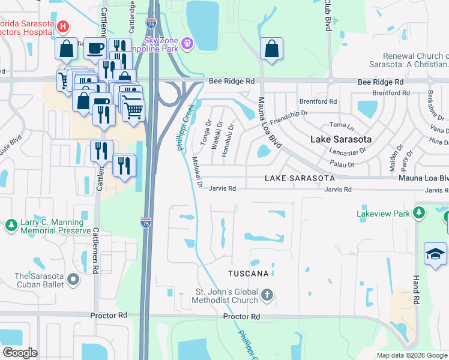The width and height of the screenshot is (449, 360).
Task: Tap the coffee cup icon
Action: [x=94, y=48]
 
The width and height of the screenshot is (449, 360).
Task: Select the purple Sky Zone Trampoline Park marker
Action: [x=187, y=43]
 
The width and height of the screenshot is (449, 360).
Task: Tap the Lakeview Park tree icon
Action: [x=419, y=212]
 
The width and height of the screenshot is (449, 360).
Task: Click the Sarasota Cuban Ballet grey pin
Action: [x=73, y=280]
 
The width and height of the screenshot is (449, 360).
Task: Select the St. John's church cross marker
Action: [x=267, y=295]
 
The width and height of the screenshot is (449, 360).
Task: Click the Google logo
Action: [x=20, y=353]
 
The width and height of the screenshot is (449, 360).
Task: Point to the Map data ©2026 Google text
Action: [x=411, y=355]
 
